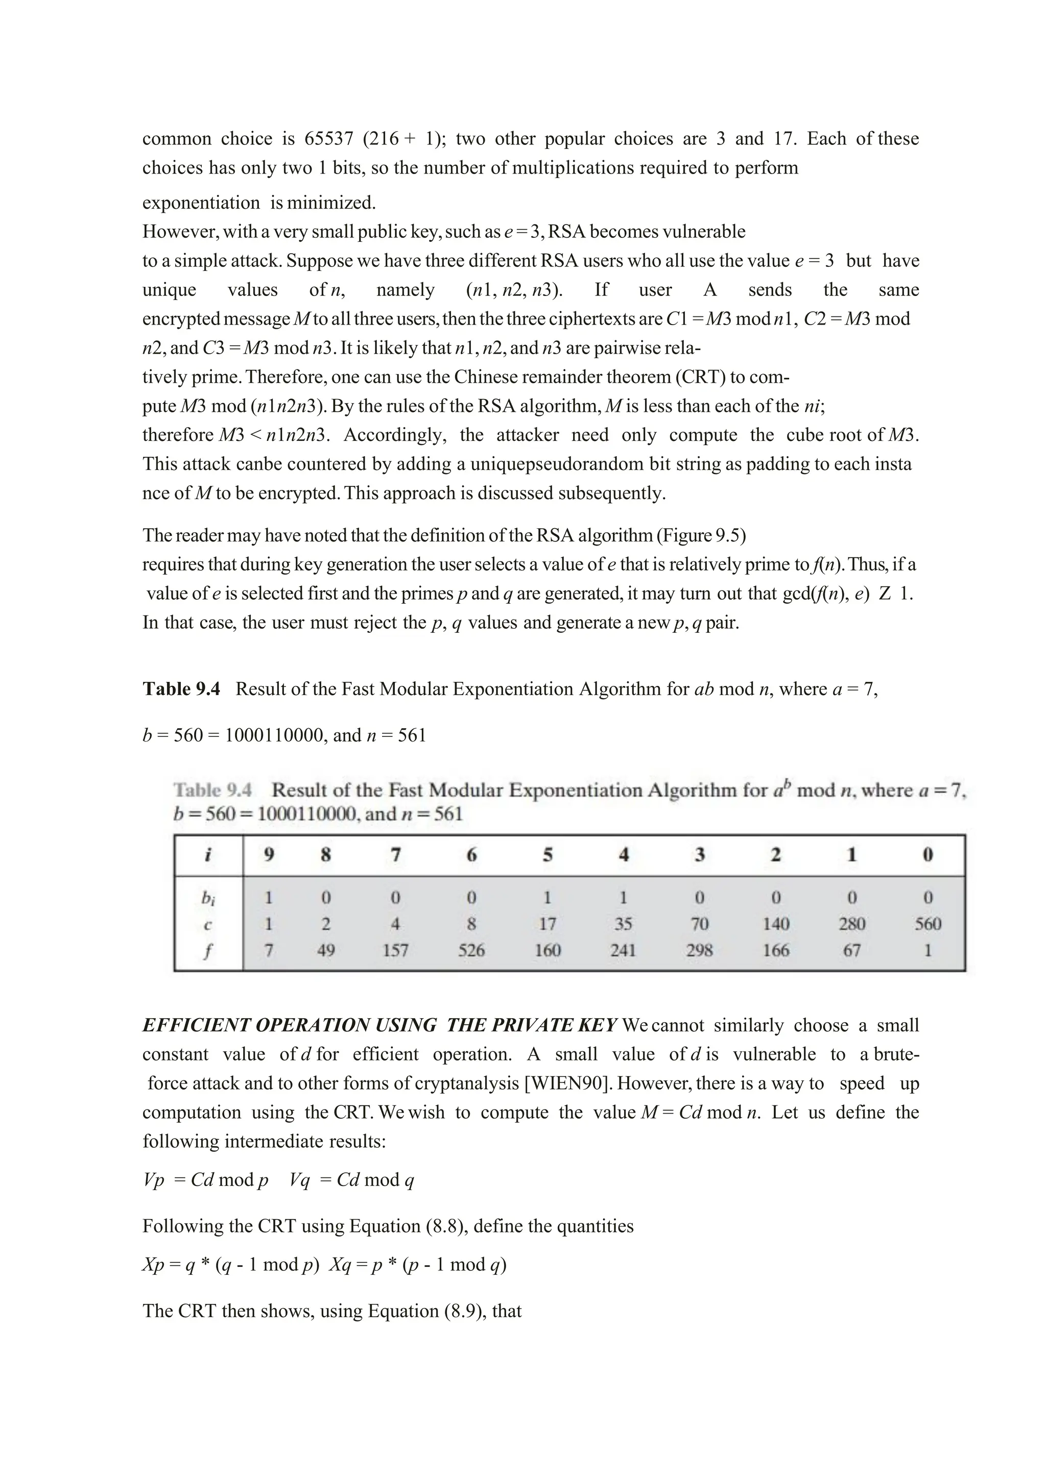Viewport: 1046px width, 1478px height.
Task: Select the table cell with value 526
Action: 471,951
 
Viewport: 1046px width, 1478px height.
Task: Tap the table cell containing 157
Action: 395,951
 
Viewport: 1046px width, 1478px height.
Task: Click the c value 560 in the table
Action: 928,924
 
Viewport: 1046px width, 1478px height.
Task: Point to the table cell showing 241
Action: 623,951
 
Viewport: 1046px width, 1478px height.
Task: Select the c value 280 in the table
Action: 851,924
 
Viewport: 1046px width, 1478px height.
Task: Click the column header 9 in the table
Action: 269,855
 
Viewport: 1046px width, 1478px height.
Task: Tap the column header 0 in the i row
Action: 928,855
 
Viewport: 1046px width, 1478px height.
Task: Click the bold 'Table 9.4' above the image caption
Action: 181,689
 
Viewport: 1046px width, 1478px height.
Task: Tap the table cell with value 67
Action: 851,951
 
